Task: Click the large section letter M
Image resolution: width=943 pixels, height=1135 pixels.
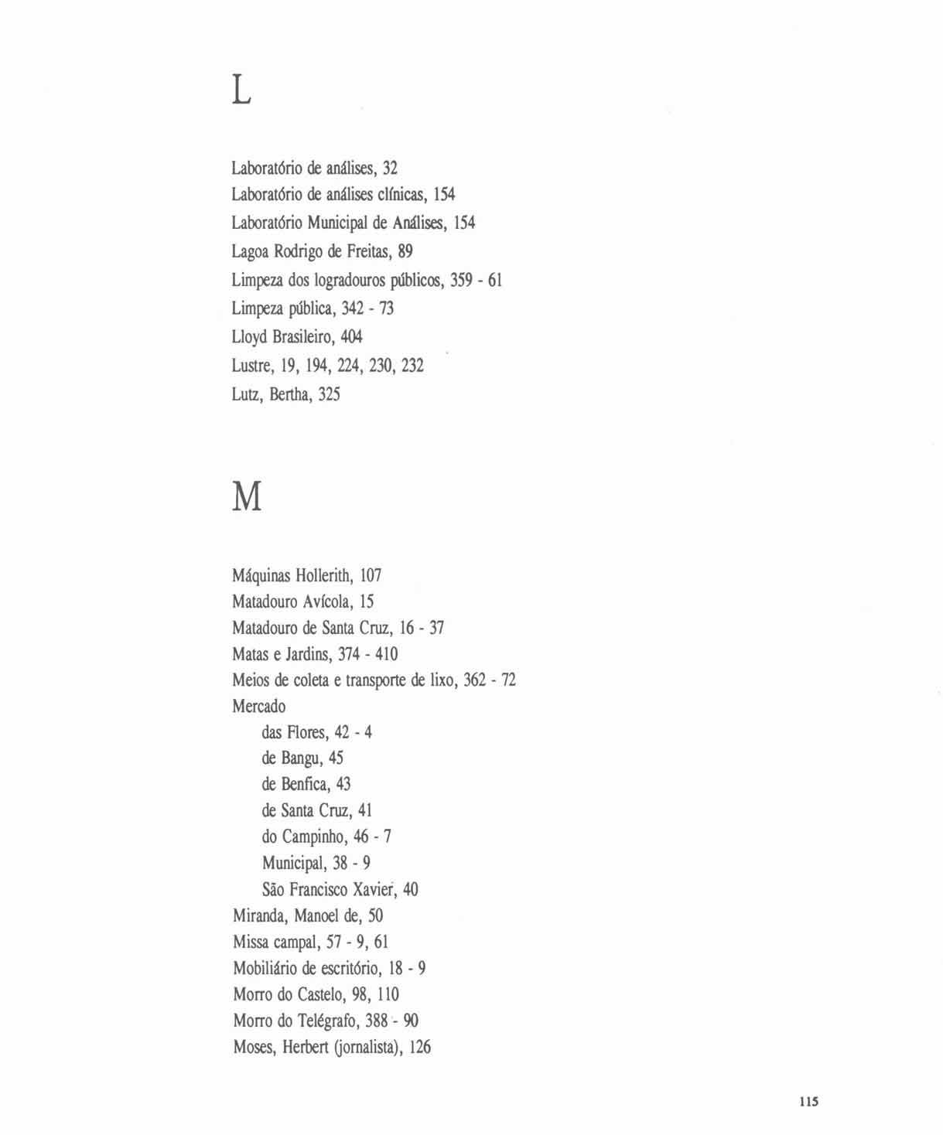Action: tap(247, 497)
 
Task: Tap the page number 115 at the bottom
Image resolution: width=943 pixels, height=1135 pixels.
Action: tap(808, 1102)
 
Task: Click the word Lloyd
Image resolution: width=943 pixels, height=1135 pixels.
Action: tap(249, 337)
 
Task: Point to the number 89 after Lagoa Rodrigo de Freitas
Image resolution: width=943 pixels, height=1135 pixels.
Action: tap(405, 251)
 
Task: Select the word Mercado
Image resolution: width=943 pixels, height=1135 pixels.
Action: tap(258, 707)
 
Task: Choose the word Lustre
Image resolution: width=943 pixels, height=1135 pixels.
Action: tap(251, 366)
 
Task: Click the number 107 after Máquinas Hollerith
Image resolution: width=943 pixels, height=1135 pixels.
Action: tap(371, 575)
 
